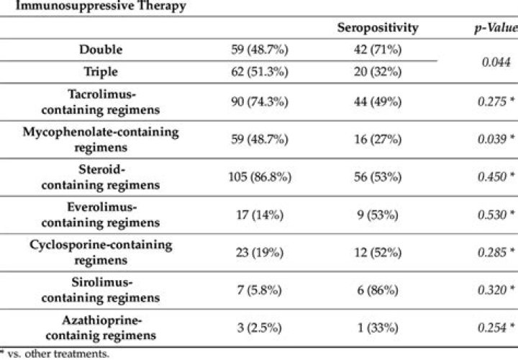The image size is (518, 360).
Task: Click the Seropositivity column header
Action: pos(377,27)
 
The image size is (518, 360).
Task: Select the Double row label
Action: pos(101,50)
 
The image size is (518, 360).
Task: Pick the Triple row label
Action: pos(101,72)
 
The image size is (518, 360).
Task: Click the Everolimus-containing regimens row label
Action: pos(101,214)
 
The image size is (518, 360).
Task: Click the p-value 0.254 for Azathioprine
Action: pos(492,326)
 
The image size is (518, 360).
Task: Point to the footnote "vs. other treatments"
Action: pos(47,354)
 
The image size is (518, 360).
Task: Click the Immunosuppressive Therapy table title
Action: pos(93,6)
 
